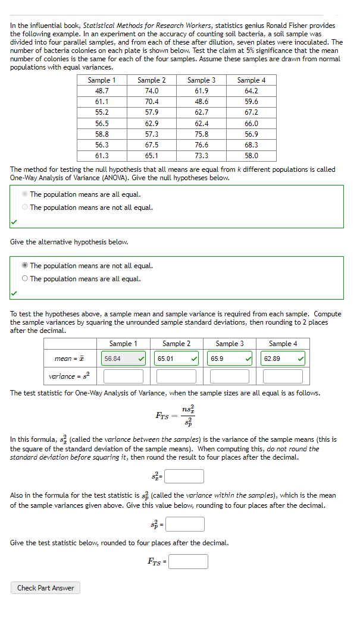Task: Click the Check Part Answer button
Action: pos(45,588)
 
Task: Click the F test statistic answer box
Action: pos(188,561)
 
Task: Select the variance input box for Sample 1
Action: pos(123,376)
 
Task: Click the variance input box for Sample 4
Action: pos(283,376)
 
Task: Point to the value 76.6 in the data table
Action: pos(201,145)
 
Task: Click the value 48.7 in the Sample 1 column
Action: pos(102,91)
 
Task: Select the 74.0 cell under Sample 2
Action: pos(152,91)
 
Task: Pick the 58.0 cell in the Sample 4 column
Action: pos(251,156)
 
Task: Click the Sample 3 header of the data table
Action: pos(201,80)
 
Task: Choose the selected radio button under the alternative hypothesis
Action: pos(25,266)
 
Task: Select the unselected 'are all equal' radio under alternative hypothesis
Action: pos(25,279)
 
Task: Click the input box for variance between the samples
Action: pos(184,476)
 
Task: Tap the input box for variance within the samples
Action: pos(184,524)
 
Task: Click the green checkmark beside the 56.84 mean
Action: pos(140,359)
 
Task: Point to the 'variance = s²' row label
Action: pos(68,376)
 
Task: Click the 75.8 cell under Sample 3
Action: pos(201,134)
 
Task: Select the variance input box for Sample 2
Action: pos(176,376)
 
